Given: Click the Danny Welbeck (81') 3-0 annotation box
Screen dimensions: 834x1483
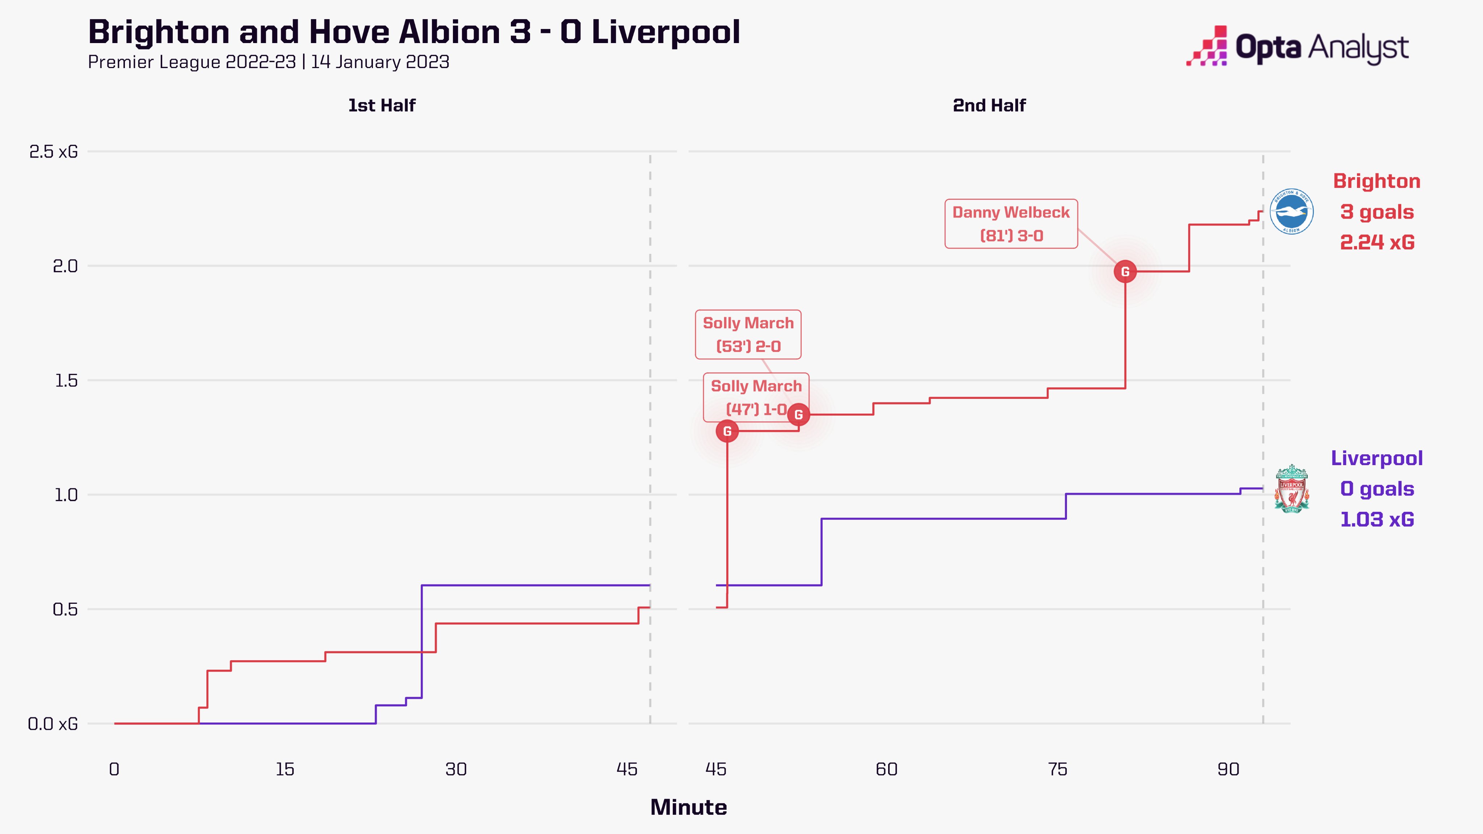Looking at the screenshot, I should point(1011,224).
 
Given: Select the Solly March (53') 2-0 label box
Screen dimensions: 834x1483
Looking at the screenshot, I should point(748,334).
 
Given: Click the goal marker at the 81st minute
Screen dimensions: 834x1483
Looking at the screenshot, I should point(1125,272).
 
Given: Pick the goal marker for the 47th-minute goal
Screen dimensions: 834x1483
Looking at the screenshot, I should point(727,431).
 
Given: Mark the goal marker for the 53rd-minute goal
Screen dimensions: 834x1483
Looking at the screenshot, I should point(798,414).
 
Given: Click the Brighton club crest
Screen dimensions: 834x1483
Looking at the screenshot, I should point(1291,211).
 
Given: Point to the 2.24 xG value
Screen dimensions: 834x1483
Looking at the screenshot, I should point(1377,242).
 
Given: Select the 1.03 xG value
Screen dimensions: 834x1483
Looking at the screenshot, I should point(1377,519).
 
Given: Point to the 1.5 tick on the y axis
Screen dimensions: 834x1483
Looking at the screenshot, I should point(66,380).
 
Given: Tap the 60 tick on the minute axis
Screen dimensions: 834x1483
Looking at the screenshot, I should point(887,770).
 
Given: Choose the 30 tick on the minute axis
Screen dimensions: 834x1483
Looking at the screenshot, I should point(456,770).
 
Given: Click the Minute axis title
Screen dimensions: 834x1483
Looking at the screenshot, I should point(689,808).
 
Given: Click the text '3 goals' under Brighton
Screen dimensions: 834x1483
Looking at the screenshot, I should point(1377,212).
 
